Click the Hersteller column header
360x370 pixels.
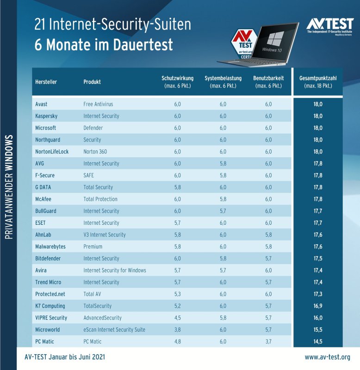click(46, 82)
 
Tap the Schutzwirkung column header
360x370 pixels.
click(177, 82)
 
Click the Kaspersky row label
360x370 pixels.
click(46, 116)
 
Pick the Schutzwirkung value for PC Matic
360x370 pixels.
click(177, 342)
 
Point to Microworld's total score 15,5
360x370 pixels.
click(317, 330)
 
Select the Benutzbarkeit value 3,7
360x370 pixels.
click(268, 342)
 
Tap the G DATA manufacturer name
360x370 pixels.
click(44, 187)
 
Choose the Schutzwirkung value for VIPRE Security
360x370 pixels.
click(177, 318)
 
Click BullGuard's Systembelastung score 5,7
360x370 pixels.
click(223, 211)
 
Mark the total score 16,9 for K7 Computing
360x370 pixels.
click(317, 306)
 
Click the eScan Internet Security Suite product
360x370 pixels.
click(114, 330)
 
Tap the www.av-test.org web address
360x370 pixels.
click(327, 358)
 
